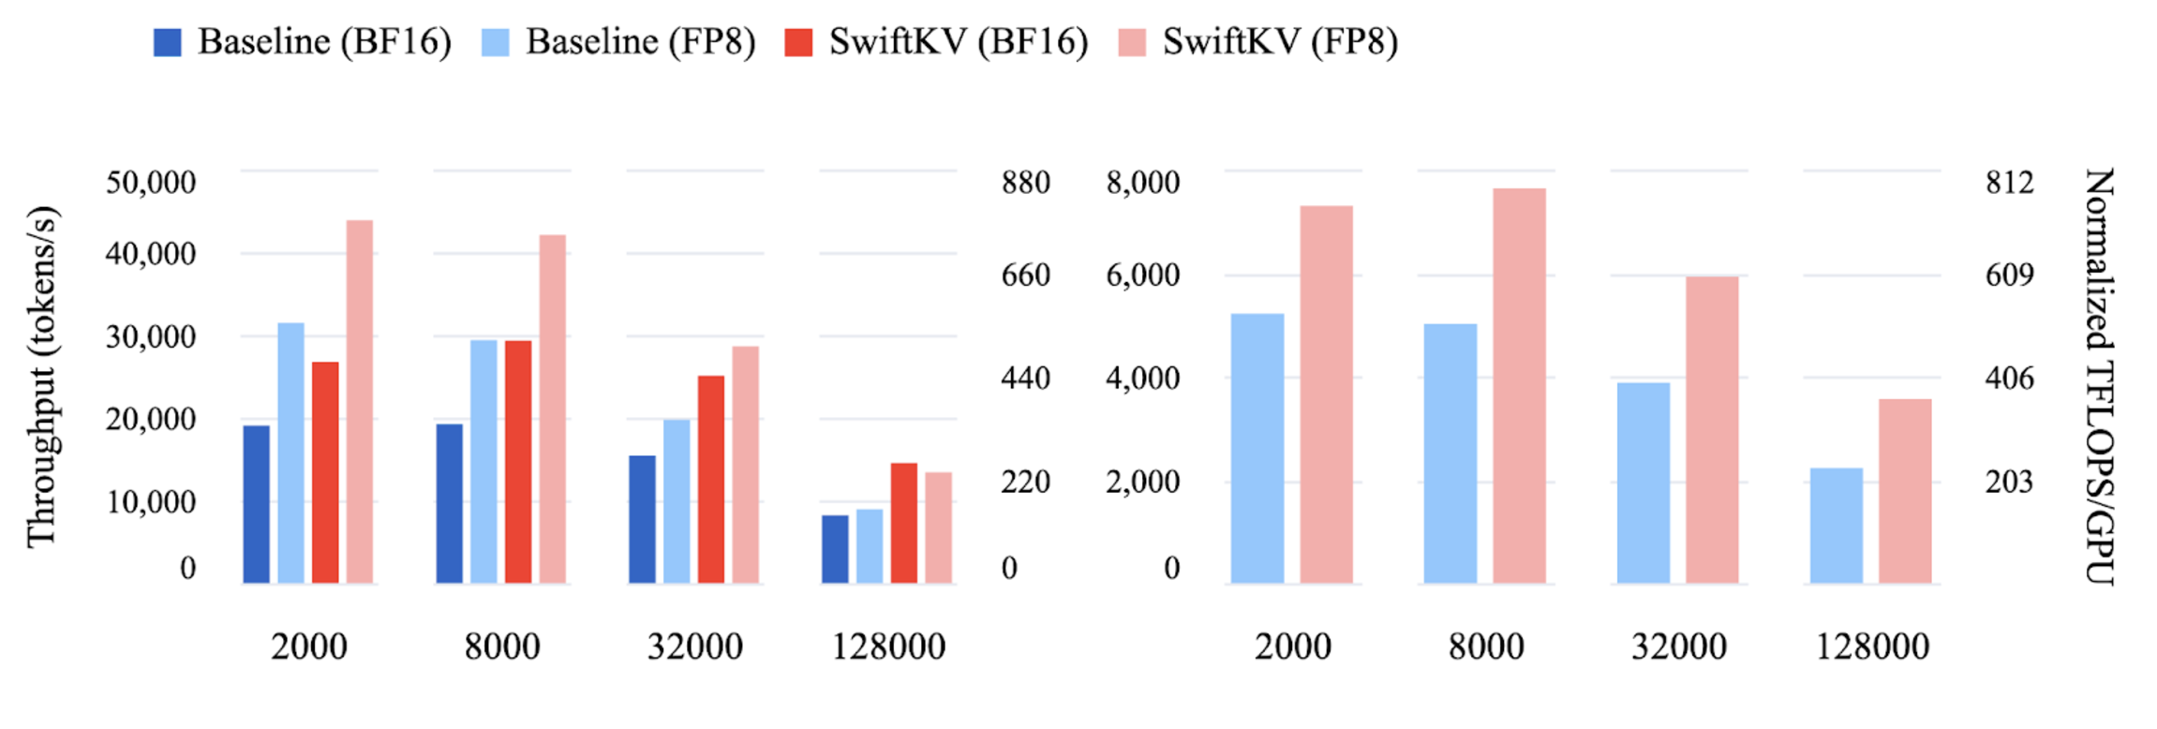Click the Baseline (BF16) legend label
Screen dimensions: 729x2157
coord(324,42)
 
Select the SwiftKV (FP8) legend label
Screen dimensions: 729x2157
coord(1280,42)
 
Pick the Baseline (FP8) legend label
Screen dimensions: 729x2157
coord(641,42)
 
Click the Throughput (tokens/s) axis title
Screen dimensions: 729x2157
coord(42,376)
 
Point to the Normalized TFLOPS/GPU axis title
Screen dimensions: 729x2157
coord(2100,376)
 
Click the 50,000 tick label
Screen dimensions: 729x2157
coord(151,182)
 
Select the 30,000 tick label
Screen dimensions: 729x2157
coord(151,336)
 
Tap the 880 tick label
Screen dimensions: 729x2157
coord(1025,182)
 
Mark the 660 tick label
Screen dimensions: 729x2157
coord(1025,275)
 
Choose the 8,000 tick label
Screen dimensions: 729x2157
coord(1142,182)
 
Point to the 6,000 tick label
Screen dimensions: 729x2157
coord(1142,275)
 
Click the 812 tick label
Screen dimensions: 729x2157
coord(2010,182)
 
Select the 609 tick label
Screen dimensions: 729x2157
coord(2010,275)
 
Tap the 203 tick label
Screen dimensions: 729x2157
coord(2010,482)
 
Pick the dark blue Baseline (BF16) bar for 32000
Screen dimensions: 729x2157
coord(642,519)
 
